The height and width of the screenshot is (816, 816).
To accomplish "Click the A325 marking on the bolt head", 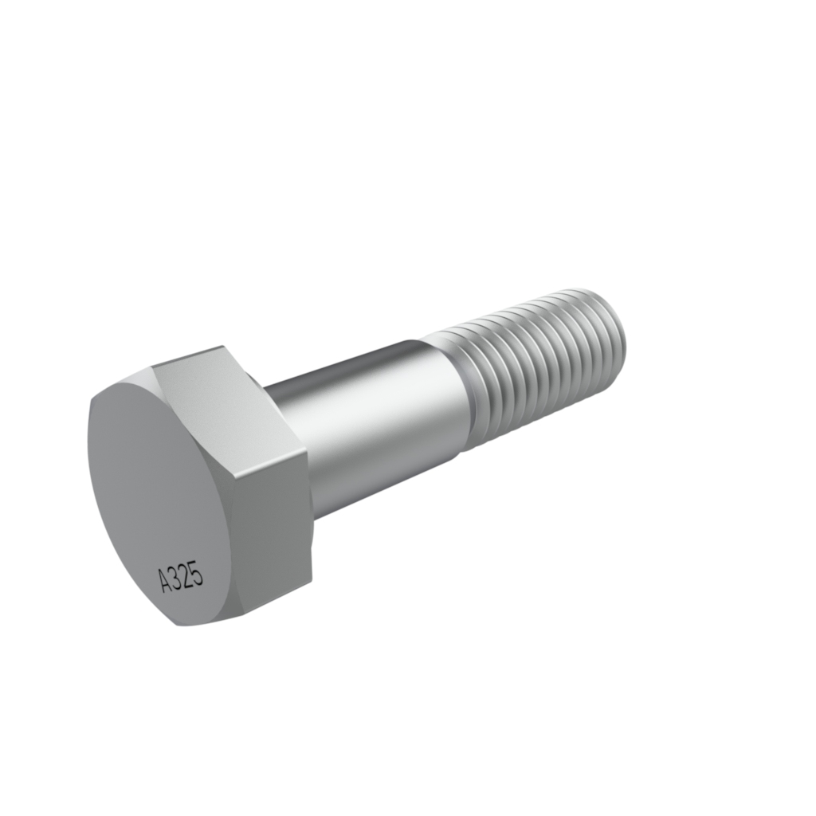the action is click(x=181, y=577).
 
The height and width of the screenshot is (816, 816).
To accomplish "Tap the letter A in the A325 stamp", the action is click(x=166, y=581).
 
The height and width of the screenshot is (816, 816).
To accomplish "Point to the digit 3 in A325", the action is click(x=177, y=579).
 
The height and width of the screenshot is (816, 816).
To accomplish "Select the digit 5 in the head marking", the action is click(x=198, y=572).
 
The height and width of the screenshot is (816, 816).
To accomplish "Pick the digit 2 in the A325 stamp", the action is click(x=187, y=575).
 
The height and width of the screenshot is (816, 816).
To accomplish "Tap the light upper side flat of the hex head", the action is click(x=229, y=401).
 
